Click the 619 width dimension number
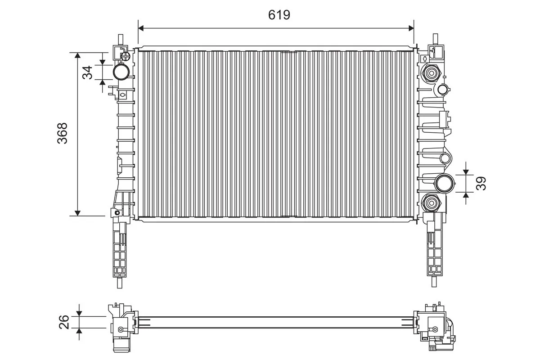279,15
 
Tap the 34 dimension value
88,72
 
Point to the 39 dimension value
481,183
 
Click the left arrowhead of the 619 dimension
141,28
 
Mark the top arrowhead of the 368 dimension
78,55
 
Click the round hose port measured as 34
121,72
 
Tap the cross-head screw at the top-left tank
126,56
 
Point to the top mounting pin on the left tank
120,40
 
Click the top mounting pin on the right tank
435,40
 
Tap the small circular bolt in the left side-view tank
120,330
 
